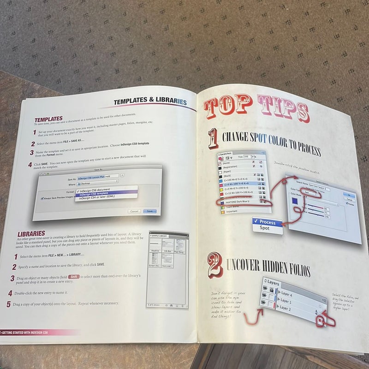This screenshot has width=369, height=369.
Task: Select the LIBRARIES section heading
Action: coord(31,234)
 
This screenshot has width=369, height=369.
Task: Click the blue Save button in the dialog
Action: coord(149,211)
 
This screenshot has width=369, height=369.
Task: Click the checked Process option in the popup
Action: coord(268,222)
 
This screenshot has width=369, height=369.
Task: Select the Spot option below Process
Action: coord(265,228)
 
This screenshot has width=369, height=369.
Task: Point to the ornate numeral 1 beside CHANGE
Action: coord(213,138)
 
